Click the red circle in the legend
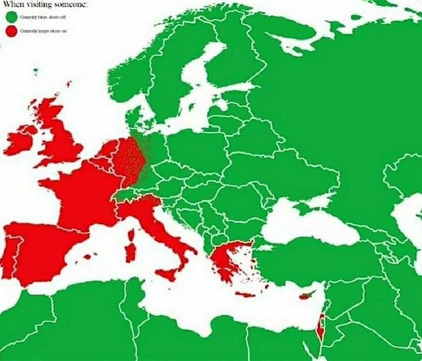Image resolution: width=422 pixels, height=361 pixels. (12, 31)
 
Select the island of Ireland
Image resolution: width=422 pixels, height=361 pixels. (19, 140)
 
